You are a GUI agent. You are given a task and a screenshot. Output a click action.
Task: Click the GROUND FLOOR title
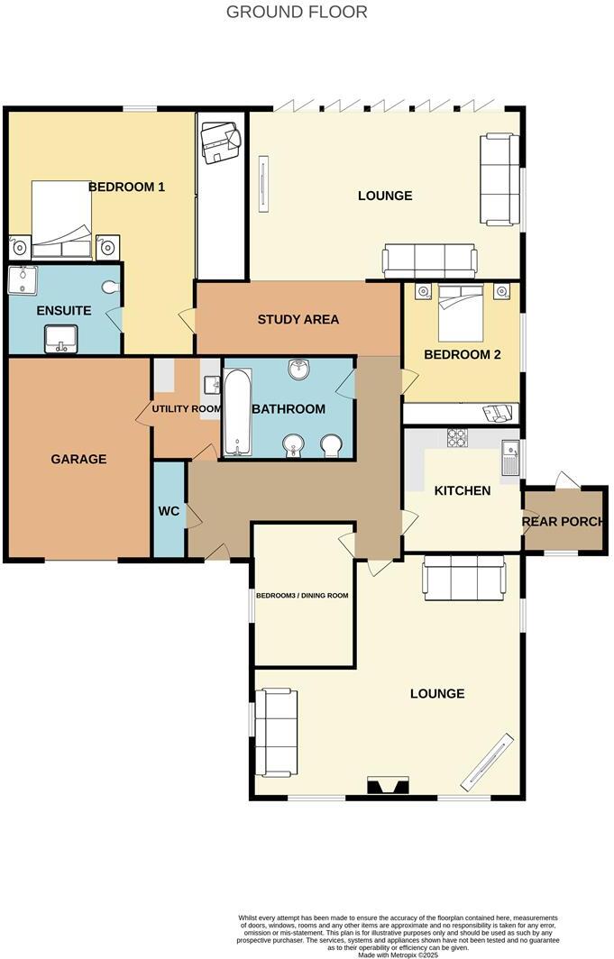coord(297,12)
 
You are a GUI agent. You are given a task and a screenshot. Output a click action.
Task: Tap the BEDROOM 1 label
coord(126,187)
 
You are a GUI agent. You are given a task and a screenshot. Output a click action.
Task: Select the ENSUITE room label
coord(63,311)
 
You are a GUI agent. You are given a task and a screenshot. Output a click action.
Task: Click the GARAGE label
coord(78,459)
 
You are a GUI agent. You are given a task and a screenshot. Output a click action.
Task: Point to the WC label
coord(169,511)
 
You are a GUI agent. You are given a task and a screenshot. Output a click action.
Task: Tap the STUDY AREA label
coord(298,319)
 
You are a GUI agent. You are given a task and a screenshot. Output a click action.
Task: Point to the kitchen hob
coord(457,438)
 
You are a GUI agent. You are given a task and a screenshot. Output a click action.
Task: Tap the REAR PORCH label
coord(566,521)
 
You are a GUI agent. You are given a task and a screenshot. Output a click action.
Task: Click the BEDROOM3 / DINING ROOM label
coord(302,596)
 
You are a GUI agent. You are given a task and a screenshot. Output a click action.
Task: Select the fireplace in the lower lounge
coord(389,786)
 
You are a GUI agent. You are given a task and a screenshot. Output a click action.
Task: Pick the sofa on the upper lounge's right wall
coord(499,178)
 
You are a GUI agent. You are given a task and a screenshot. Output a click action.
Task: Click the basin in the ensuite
coord(62,339)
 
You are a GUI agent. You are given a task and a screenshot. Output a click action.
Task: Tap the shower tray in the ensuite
coord(22,281)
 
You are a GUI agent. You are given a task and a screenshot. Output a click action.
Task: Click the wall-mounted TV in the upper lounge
coord(263,184)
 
